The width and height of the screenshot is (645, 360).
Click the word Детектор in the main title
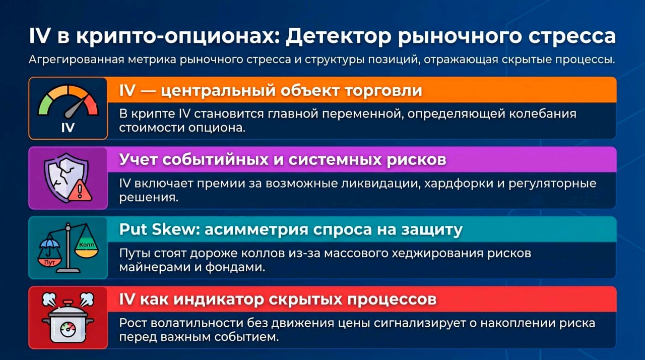(338, 36)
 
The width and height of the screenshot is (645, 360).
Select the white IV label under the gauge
(68, 128)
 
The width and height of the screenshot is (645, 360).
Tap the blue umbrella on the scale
(49, 244)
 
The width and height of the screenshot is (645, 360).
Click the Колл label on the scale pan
(86, 245)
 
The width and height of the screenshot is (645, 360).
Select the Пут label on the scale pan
(49, 262)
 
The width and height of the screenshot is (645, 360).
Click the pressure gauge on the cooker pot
(68, 329)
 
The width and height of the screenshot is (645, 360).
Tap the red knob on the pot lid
(68, 304)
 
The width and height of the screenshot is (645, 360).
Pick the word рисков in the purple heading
(416, 160)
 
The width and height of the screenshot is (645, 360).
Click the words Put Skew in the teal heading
(159, 229)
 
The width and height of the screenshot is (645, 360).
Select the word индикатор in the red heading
(219, 299)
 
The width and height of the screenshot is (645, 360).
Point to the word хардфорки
(459, 184)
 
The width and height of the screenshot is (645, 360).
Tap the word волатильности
(197, 323)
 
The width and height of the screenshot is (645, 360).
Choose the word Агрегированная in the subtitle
(76, 60)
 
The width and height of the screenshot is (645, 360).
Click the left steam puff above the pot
(49, 299)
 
